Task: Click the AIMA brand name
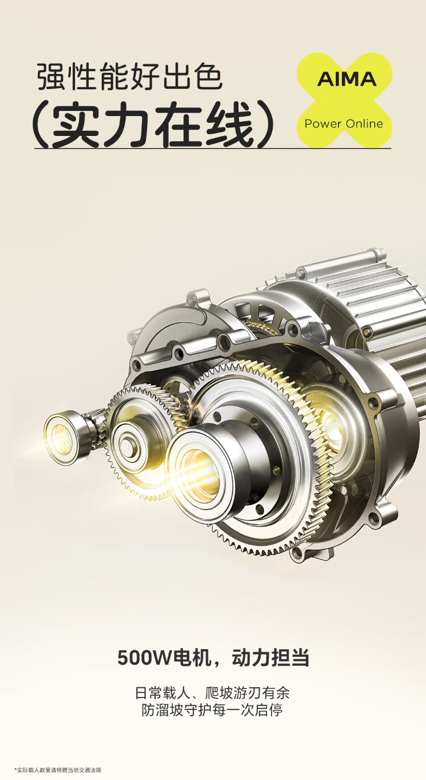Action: pyautogui.click(x=346, y=79)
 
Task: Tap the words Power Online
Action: pyautogui.click(x=344, y=123)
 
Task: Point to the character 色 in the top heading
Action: pyautogui.click(x=208, y=77)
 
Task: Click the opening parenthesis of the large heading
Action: pyautogui.click(x=40, y=125)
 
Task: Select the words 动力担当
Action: pyautogui.click(x=270, y=658)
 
